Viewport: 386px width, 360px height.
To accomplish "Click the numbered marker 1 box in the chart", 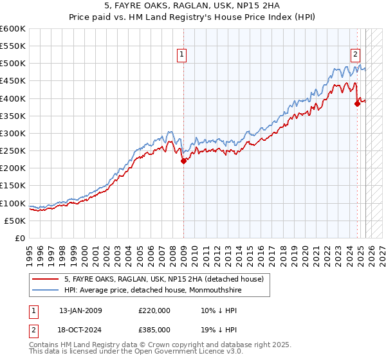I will pyautogui.click(x=183, y=55).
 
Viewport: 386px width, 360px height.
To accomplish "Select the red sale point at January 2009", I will pyautogui.click(x=183, y=161).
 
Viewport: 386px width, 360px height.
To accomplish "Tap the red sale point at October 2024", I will pyautogui.click(x=357, y=104).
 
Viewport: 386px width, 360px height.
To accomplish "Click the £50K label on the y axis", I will pyautogui.click(x=15, y=221).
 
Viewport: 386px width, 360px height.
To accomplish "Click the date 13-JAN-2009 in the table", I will pyautogui.click(x=80, y=310).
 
